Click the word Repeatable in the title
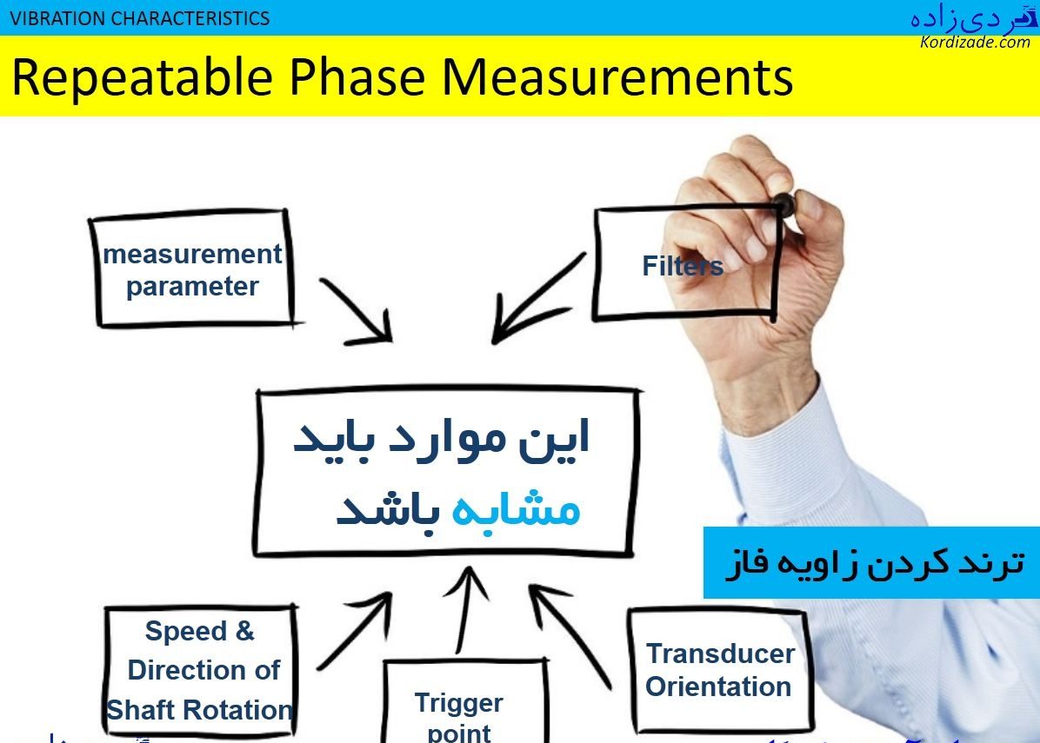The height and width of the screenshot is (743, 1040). [142, 76]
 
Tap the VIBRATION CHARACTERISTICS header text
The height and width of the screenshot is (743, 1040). [140, 17]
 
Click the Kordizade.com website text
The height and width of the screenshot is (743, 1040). [974, 42]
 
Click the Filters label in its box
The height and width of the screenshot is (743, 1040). [683, 265]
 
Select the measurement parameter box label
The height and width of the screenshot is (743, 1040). [192, 270]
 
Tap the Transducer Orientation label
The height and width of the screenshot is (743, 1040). [719, 670]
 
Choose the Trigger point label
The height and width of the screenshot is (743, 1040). [459, 716]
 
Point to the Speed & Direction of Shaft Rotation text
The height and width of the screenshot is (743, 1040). [199, 670]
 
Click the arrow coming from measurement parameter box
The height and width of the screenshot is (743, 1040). [357, 310]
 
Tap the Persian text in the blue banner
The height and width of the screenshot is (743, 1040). [875, 563]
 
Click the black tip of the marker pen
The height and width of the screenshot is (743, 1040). [783, 205]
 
